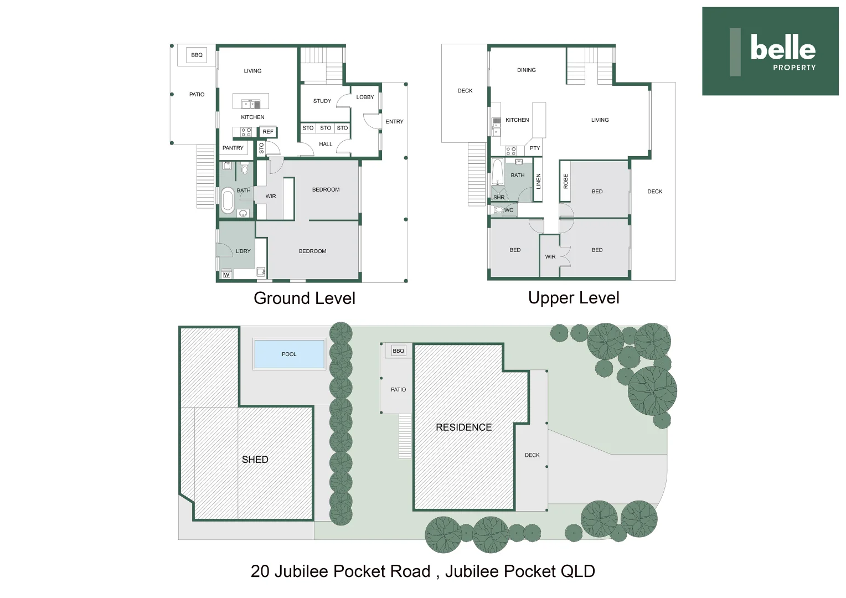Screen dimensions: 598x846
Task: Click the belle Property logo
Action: tap(770, 51)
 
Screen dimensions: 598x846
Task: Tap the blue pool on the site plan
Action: tap(289, 354)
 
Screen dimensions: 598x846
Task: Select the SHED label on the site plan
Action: tap(255, 460)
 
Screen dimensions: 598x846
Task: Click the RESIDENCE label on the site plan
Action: tap(463, 427)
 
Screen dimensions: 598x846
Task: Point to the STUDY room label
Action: tap(322, 101)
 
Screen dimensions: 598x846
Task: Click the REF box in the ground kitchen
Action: tap(268, 132)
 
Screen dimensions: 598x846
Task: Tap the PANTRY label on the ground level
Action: tap(233, 148)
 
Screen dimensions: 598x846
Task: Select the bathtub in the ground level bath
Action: tap(228, 200)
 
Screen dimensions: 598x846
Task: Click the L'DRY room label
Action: tap(243, 251)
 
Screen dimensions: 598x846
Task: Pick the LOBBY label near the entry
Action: tap(365, 97)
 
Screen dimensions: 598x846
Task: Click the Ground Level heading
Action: tap(305, 298)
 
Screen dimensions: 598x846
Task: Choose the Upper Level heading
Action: tap(574, 298)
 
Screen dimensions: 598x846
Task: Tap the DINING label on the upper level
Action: tap(526, 70)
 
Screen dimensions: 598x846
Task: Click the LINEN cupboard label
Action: tap(538, 181)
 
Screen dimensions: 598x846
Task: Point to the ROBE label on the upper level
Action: tap(565, 181)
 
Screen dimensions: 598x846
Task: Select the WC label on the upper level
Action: tap(508, 210)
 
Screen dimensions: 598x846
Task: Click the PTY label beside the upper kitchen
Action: tap(534, 148)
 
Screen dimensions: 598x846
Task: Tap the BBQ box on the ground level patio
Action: tap(197, 55)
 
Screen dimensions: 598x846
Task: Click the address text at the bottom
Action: tap(422, 571)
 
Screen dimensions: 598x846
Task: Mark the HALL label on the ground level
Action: tap(326, 145)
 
